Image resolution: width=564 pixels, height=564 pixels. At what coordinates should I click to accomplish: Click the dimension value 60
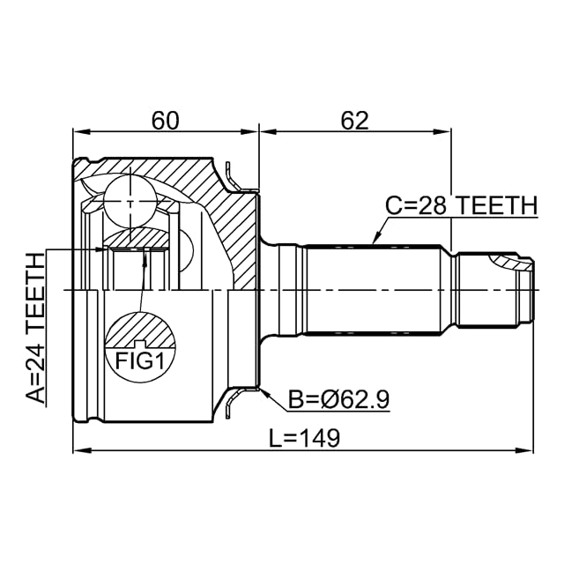[165, 121]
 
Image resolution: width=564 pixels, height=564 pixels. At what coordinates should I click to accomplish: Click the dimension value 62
[354, 121]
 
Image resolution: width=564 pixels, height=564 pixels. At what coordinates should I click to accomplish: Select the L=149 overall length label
[304, 438]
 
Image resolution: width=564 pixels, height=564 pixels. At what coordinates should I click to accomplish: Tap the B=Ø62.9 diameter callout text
[338, 399]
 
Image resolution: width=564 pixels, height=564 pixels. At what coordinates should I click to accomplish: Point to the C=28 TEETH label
[462, 206]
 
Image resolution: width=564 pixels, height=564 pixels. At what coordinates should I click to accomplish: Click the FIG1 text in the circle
[140, 361]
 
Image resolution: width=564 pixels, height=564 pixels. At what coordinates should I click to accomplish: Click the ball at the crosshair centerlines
[130, 201]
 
